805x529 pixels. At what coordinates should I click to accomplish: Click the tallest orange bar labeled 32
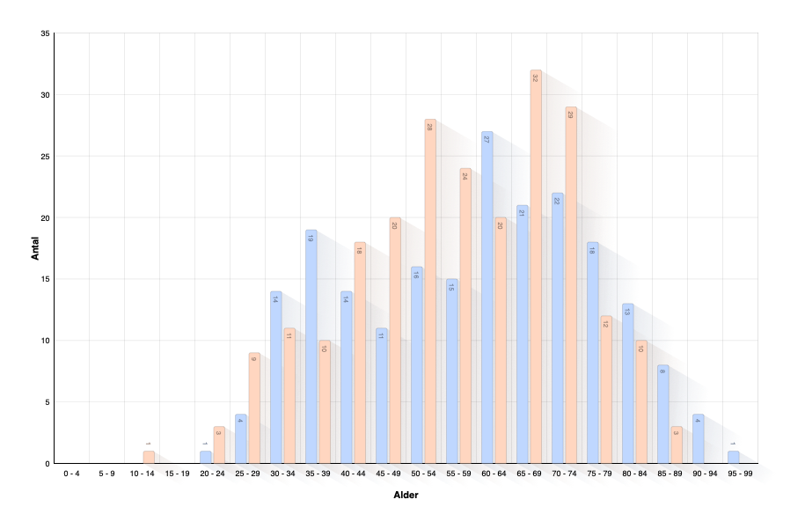535,264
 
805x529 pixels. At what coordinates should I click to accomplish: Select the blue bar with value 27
487,299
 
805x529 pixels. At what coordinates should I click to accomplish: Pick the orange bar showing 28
430,290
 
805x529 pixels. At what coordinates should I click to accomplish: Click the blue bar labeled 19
311,343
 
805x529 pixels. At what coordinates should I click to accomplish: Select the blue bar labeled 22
557,326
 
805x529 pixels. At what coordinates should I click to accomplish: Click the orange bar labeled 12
605,387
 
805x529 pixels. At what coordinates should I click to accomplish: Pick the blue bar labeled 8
662,414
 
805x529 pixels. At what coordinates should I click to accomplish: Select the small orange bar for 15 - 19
148,457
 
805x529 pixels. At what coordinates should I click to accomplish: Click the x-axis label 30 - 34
284,474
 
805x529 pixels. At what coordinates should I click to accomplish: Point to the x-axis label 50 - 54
425,474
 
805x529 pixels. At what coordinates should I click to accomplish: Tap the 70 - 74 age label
566,474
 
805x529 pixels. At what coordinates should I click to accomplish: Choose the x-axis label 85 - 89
671,474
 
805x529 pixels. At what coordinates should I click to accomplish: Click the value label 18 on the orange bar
359,251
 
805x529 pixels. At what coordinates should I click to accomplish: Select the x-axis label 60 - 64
495,474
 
